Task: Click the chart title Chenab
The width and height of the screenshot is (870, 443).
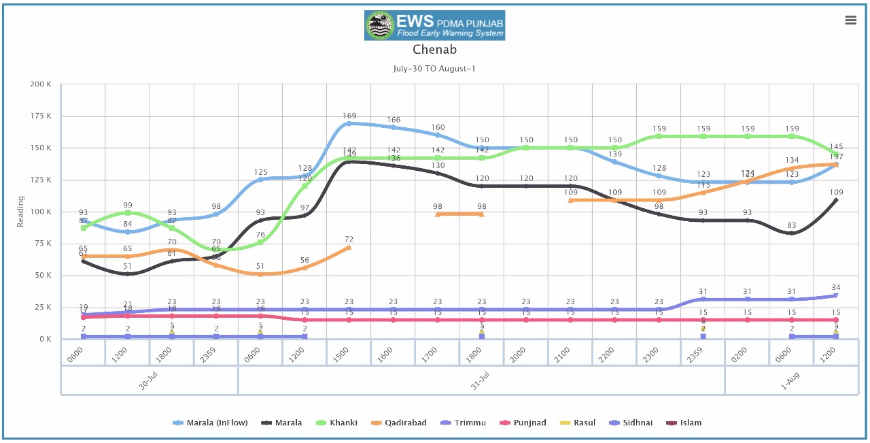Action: (x=434, y=50)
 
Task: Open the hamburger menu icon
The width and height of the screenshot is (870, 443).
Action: (x=850, y=20)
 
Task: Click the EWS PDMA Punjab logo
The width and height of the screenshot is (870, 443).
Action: (x=434, y=25)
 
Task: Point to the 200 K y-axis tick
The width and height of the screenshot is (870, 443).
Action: (x=41, y=84)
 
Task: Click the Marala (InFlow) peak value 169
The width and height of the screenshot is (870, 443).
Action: (x=349, y=116)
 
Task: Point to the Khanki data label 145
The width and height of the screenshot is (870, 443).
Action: (x=836, y=147)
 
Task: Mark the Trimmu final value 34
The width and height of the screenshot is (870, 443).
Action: (x=836, y=287)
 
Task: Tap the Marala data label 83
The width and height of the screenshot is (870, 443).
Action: (x=792, y=226)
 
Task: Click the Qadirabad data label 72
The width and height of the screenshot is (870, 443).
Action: (x=349, y=240)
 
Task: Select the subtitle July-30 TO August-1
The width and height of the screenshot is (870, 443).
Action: (x=434, y=69)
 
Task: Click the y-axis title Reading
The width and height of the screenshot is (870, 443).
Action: (x=20, y=212)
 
